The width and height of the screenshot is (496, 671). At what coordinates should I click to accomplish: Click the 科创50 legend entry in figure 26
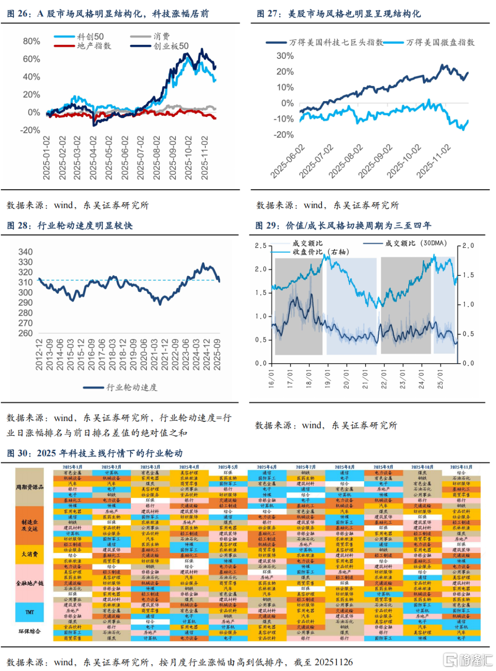[x=90, y=37]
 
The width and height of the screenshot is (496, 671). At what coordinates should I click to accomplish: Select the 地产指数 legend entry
[x=94, y=46]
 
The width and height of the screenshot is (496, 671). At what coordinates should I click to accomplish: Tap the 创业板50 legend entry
[x=171, y=46]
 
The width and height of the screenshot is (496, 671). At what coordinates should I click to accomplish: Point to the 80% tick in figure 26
[x=31, y=41]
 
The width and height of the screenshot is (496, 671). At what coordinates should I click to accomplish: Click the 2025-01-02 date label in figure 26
[x=46, y=158]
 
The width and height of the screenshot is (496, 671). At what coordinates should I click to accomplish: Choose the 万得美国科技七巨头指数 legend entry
[x=336, y=42]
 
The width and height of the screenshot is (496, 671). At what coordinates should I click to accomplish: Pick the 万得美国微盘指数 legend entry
[x=440, y=42]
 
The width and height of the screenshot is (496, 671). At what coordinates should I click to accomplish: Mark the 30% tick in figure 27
[x=285, y=56]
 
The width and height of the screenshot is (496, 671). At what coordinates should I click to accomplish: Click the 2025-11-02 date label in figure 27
[x=434, y=161]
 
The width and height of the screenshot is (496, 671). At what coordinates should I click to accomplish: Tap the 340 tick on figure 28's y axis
[x=25, y=252]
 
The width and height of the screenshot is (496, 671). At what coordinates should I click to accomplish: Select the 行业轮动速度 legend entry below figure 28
[x=132, y=387]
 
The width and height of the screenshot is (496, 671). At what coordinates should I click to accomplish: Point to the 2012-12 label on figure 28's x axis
[x=39, y=354]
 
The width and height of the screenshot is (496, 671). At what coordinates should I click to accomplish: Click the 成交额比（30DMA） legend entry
[x=416, y=243]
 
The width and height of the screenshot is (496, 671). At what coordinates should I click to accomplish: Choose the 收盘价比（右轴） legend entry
[x=321, y=252]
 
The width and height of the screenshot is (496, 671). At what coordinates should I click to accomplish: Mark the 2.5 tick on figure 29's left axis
[x=260, y=246]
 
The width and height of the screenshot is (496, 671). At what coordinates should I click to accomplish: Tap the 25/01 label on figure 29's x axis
[x=440, y=379]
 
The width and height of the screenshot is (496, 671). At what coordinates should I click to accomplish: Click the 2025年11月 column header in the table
[x=461, y=467]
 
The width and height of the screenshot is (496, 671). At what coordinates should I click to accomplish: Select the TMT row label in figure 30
[x=29, y=612]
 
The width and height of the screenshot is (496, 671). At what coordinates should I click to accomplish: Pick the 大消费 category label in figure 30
[x=29, y=554]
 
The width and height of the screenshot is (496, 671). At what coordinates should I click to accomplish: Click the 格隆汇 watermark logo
[x=468, y=660]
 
